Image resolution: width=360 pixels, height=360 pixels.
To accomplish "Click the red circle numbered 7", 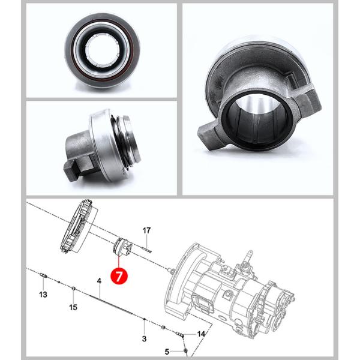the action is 119,276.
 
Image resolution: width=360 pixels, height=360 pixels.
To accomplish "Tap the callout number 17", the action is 146,230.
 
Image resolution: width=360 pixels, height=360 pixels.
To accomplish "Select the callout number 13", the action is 43,295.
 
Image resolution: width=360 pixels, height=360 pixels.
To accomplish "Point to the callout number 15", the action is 73,307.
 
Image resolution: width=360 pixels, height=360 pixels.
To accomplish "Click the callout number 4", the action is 99,281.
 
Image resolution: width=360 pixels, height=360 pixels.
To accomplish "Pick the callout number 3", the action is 144,338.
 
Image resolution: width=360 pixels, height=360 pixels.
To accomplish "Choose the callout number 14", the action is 201,334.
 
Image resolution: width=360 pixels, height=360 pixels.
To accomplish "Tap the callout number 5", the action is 167,352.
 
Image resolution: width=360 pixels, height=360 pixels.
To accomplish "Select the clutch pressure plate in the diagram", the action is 78,226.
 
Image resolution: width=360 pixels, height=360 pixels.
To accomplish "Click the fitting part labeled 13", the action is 43,275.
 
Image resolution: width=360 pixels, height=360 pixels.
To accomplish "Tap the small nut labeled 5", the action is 186,350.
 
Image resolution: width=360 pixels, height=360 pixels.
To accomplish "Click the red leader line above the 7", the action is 119,262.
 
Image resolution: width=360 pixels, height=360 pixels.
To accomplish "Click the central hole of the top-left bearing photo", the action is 103,50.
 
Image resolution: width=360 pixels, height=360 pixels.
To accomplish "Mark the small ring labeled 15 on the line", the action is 73,289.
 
